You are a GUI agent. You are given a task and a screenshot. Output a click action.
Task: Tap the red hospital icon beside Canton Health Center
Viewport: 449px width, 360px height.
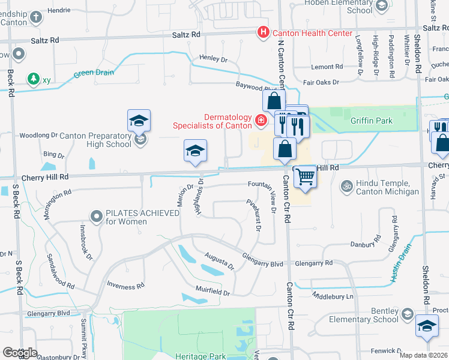point(262,32)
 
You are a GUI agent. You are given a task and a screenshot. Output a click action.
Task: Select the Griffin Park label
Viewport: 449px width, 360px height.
point(372,121)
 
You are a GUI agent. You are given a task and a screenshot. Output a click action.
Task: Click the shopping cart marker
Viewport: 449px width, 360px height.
point(306,176)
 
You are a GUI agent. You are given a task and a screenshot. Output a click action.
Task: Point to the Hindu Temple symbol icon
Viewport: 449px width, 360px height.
point(345,185)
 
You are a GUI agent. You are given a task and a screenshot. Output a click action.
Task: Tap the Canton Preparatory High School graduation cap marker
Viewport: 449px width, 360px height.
point(139,121)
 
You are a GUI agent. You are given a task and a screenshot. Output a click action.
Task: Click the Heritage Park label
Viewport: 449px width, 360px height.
point(200,356)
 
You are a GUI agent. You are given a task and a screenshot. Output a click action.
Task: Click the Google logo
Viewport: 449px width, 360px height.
point(20,353)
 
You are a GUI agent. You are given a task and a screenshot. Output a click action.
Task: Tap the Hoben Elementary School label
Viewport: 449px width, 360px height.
point(339,7)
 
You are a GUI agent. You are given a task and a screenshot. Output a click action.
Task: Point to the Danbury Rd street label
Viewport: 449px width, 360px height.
point(364,244)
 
